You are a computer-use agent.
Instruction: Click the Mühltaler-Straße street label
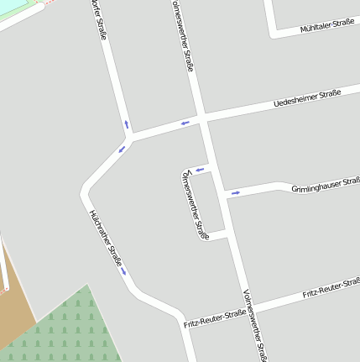click(x=326, y=27)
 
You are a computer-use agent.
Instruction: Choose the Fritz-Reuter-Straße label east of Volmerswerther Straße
click(x=331, y=290)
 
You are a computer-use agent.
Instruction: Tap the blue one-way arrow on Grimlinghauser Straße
click(x=236, y=193)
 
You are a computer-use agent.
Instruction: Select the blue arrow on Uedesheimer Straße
click(x=185, y=123)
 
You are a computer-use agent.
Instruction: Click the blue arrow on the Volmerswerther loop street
click(x=200, y=170)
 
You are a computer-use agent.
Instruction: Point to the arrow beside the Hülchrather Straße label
click(x=123, y=270)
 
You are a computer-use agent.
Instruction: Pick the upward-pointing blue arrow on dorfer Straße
click(x=127, y=124)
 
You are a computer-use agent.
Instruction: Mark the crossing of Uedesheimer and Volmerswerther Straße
click(x=202, y=118)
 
